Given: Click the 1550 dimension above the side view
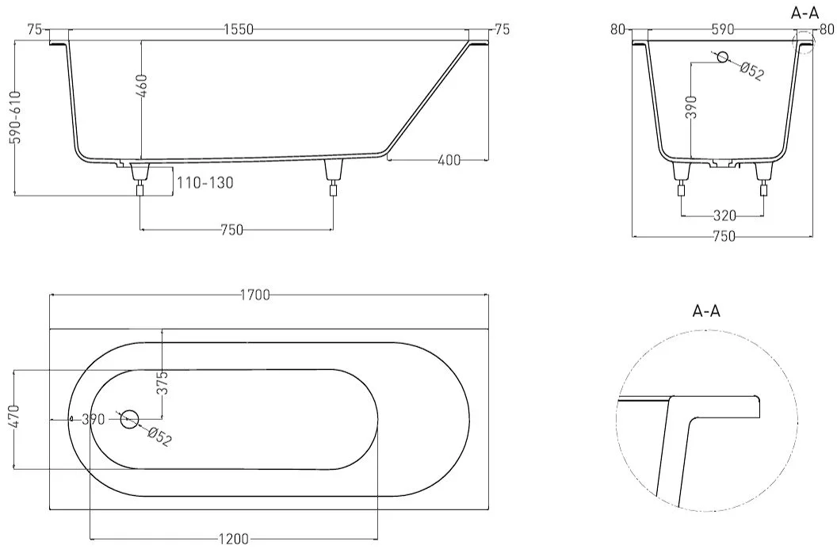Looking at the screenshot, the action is click(x=238, y=30).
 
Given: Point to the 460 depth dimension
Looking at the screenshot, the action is click(x=142, y=86).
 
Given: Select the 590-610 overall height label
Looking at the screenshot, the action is click(x=16, y=116).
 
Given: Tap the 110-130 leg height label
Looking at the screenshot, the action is click(x=205, y=183).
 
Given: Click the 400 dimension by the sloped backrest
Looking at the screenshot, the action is click(x=449, y=159).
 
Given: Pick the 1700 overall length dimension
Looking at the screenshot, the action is click(x=255, y=295).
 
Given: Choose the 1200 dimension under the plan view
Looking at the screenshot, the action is click(x=234, y=539).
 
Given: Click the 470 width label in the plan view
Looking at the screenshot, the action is click(x=15, y=417).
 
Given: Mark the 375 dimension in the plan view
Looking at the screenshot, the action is click(x=162, y=382).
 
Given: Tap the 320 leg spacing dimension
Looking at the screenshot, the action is click(x=724, y=215).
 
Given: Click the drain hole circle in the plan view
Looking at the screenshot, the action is click(x=129, y=419).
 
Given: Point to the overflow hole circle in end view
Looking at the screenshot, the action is click(x=723, y=56).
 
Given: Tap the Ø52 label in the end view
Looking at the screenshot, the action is click(x=751, y=71).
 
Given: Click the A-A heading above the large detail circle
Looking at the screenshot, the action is click(x=705, y=311).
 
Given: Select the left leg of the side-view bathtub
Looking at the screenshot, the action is click(x=140, y=180).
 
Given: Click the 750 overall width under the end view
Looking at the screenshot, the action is click(x=724, y=236).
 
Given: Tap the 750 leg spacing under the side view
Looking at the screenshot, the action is click(x=231, y=230).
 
